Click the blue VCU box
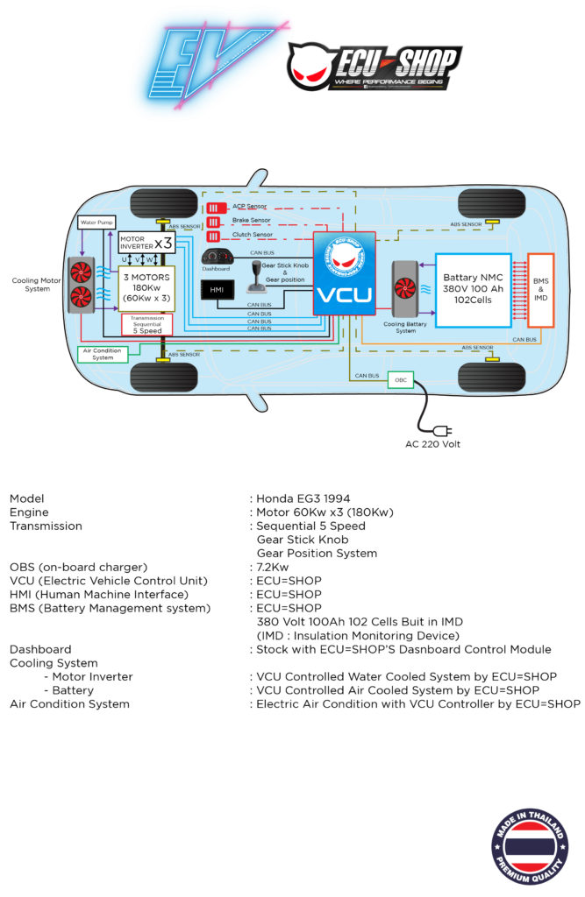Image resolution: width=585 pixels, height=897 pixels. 345,272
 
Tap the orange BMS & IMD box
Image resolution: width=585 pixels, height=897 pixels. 540,290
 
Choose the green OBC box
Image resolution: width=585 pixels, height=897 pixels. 399,381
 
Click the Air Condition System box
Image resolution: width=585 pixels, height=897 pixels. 103,354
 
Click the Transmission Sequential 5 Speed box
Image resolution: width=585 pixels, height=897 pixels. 146,324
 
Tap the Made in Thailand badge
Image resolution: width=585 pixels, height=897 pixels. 530,846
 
